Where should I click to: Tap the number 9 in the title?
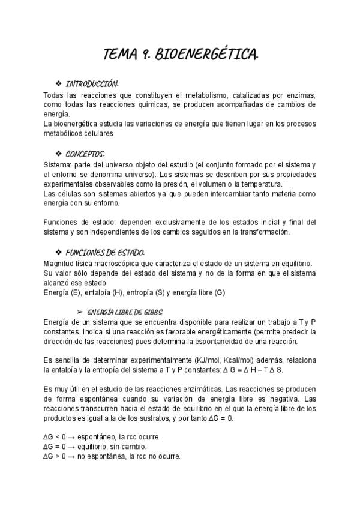click(144, 55)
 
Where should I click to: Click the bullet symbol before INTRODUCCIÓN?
click(58, 83)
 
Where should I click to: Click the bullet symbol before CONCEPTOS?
click(58, 153)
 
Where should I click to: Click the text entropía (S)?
click(140, 292)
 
